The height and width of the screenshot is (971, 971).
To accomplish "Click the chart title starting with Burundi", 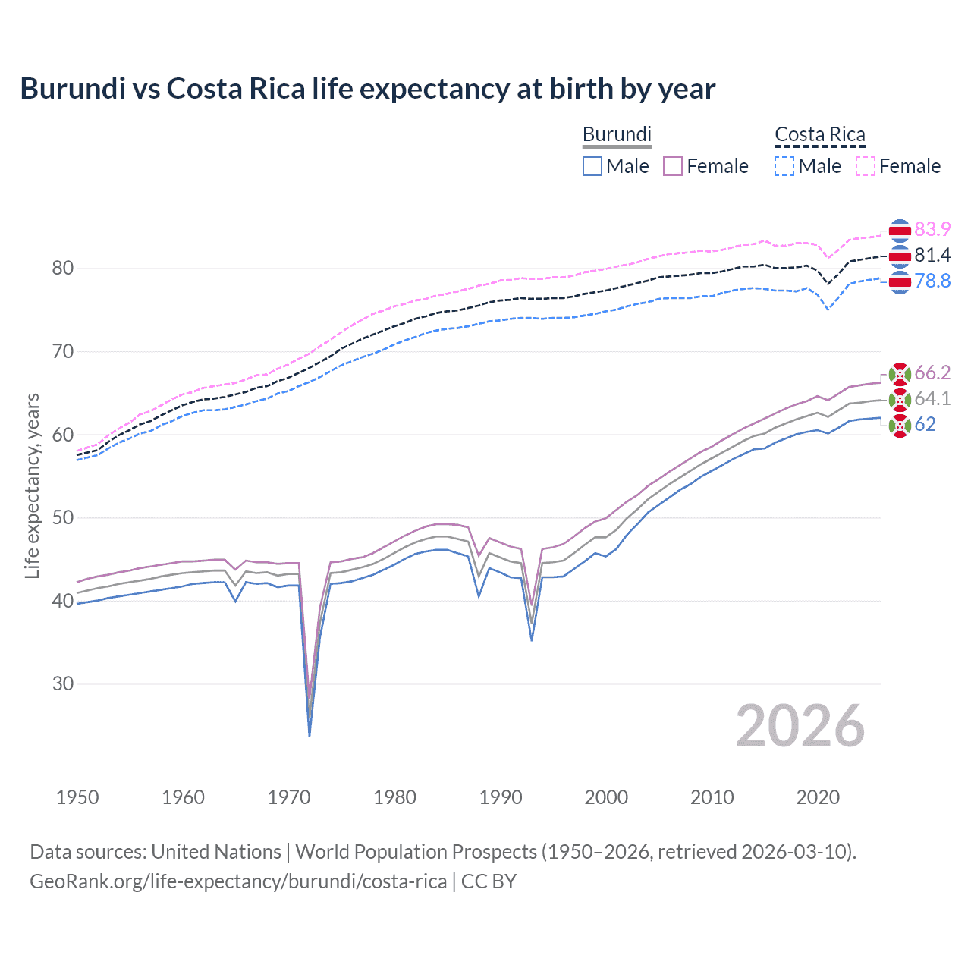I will (367, 89).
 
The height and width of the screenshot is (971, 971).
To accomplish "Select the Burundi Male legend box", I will (592, 166).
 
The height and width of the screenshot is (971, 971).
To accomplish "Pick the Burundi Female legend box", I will (673, 166).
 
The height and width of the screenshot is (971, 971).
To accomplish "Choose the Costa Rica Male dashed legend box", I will (784, 166).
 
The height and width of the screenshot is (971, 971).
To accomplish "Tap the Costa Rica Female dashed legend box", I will (866, 166).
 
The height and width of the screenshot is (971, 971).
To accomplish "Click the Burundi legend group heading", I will (617, 134).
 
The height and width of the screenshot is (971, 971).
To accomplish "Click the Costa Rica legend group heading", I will (819, 134).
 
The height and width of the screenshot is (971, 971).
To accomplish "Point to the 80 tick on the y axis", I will (63, 269).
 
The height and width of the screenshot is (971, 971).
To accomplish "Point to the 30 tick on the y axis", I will (63, 684).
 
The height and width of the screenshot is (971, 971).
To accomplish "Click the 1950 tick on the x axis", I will (77, 797).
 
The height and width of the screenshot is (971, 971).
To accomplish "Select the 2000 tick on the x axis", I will (606, 797).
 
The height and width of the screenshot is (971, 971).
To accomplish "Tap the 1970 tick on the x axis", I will (289, 797).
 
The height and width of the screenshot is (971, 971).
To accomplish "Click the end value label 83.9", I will (932, 229).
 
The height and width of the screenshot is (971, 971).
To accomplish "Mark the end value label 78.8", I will (932, 281).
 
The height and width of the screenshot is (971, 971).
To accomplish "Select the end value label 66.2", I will (932, 372).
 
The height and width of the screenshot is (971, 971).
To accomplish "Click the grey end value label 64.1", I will (932, 398).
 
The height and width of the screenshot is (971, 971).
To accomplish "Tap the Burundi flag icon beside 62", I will (900, 426).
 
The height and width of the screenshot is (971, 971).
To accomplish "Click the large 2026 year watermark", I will (800, 726).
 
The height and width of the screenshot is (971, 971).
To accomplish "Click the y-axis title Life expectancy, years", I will (33, 485).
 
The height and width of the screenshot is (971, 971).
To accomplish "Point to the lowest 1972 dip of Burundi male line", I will (310, 735).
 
